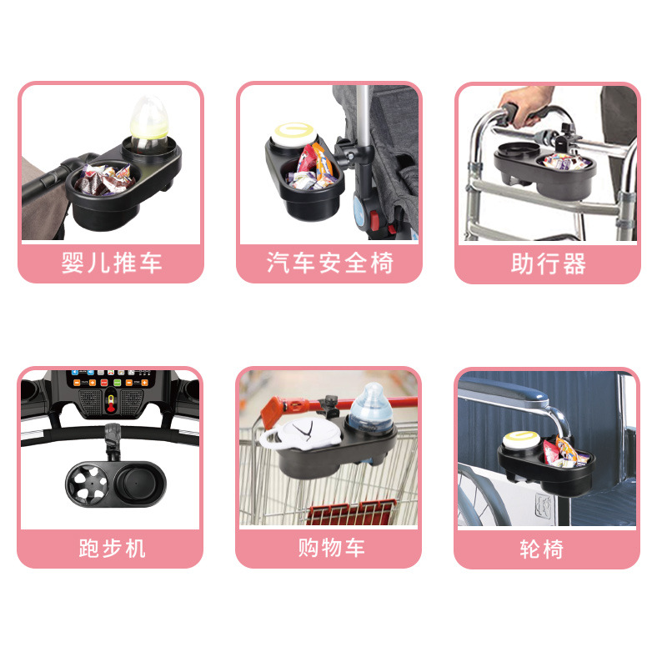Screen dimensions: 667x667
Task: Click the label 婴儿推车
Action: (x=111, y=264)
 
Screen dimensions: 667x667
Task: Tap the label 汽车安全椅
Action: (x=329, y=264)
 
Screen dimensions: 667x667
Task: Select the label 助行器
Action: (x=548, y=264)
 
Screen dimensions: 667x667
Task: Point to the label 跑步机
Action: (x=111, y=549)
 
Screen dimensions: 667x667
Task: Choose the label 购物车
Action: (x=329, y=549)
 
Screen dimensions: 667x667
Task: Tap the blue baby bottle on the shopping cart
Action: (x=372, y=407)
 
